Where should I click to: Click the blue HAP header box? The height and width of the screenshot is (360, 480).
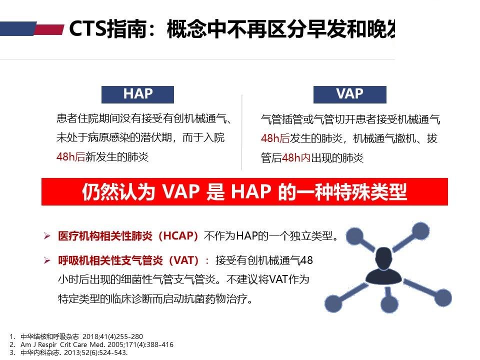click(137, 94)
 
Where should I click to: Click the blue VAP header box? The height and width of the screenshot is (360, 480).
click(349, 94)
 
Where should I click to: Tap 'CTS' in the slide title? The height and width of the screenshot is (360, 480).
click(88, 29)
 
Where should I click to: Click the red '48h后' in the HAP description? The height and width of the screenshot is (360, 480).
click(70, 156)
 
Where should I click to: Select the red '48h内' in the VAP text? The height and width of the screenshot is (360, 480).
click(295, 158)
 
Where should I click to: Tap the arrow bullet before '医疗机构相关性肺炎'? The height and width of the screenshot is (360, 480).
click(47, 236)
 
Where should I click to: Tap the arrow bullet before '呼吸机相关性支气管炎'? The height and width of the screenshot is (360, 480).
click(47, 260)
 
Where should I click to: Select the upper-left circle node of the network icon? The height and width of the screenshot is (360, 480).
click(354, 236)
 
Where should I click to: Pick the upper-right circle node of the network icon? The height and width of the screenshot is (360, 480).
click(420, 231)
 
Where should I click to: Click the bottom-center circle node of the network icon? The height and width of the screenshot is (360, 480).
click(389, 303)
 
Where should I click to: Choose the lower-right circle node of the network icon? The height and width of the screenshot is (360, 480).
click(442, 297)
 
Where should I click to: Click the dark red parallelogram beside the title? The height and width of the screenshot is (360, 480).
click(49, 29)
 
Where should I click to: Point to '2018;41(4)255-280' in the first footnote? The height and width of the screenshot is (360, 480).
click(112, 336)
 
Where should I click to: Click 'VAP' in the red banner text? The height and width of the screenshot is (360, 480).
click(180, 192)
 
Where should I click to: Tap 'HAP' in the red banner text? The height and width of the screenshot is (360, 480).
click(251, 192)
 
